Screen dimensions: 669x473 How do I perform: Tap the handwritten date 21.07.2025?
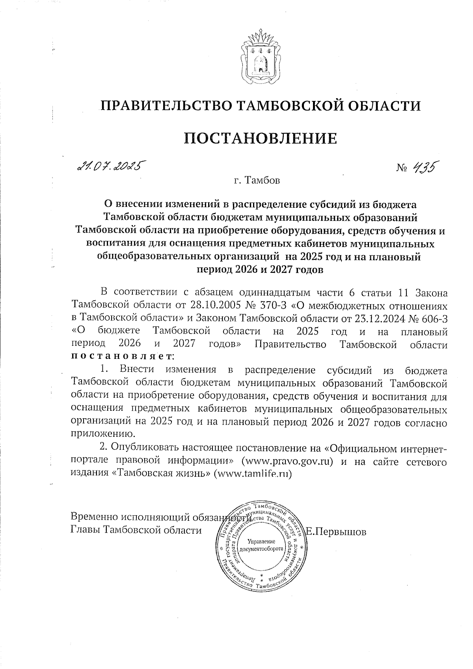pyautogui.click(x=110, y=166)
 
